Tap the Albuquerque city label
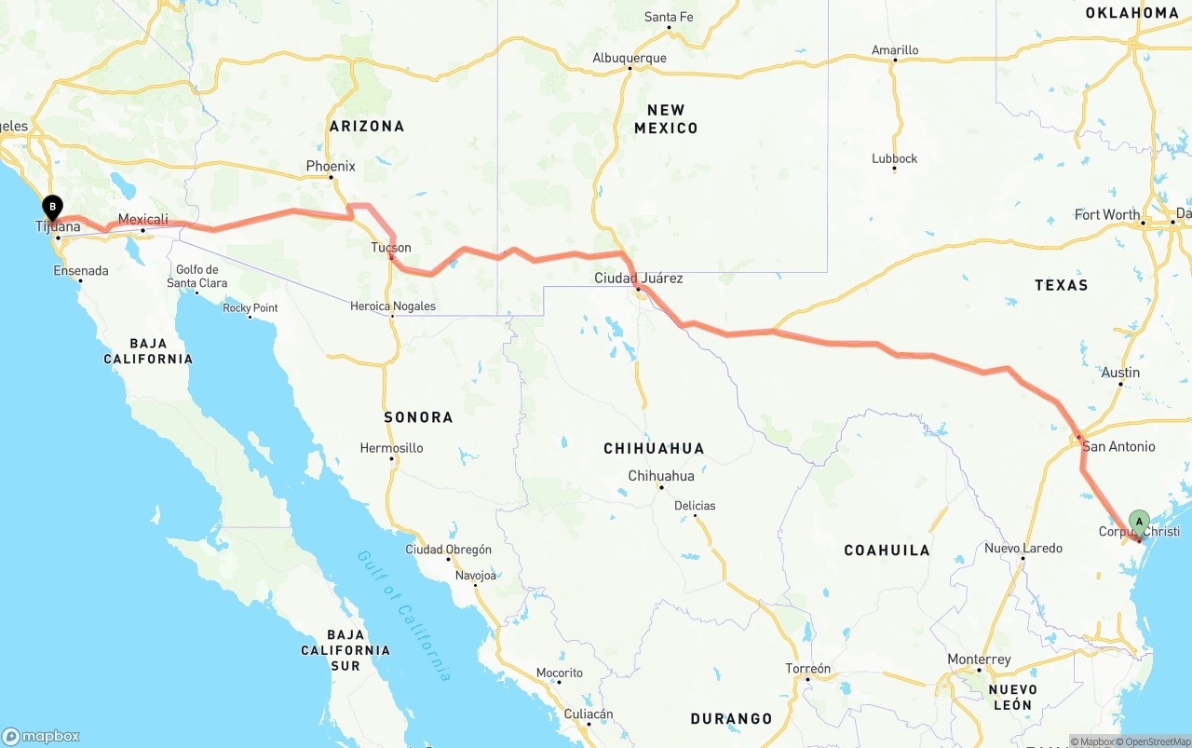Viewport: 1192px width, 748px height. point(630,58)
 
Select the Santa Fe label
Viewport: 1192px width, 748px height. point(669,17)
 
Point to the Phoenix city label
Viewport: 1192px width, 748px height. point(331,167)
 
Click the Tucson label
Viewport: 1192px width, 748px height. point(390,248)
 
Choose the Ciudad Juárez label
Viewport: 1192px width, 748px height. point(639,278)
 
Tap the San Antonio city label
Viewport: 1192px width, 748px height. point(1117,447)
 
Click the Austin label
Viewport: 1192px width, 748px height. point(1120,373)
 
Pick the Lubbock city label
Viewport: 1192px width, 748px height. point(894,158)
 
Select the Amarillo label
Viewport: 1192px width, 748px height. point(895,50)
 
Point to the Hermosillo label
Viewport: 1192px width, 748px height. point(391,448)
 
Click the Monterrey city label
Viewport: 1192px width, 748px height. point(979,660)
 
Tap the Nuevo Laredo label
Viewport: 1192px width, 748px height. point(1023,548)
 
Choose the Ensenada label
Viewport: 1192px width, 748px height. point(80,271)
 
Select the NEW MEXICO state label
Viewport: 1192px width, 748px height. point(666,119)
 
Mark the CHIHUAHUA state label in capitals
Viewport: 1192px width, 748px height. point(654,448)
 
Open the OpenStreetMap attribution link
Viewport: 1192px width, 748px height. point(1158,741)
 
